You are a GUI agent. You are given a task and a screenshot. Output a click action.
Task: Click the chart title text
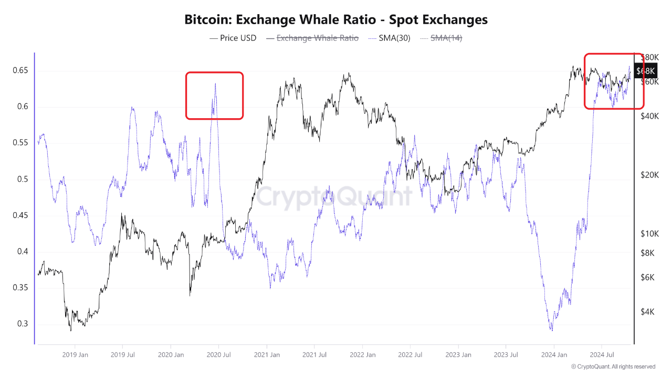tap(336, 20)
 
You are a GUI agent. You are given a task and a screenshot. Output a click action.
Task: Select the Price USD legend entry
tap(233, 38)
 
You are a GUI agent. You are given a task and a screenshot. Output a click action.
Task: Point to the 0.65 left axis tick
tap(19, 71)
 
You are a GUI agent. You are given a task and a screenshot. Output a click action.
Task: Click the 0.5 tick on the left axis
tap(22, 180)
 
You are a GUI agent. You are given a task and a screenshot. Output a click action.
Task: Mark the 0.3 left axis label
tap(22, 324)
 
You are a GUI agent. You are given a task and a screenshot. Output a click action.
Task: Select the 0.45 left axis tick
tap(19, 216)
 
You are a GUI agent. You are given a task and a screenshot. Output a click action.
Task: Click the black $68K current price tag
tap(645, 71)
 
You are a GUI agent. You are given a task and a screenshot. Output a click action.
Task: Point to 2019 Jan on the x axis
tap(75, 355)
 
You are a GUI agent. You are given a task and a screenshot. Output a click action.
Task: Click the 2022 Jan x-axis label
tap(362, 355)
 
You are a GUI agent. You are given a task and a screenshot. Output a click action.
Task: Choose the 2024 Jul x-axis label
tap(602, 355)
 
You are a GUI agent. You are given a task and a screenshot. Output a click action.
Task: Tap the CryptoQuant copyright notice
tap(613, 366)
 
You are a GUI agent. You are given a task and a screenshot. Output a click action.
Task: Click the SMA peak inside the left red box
tap(215, 83)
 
